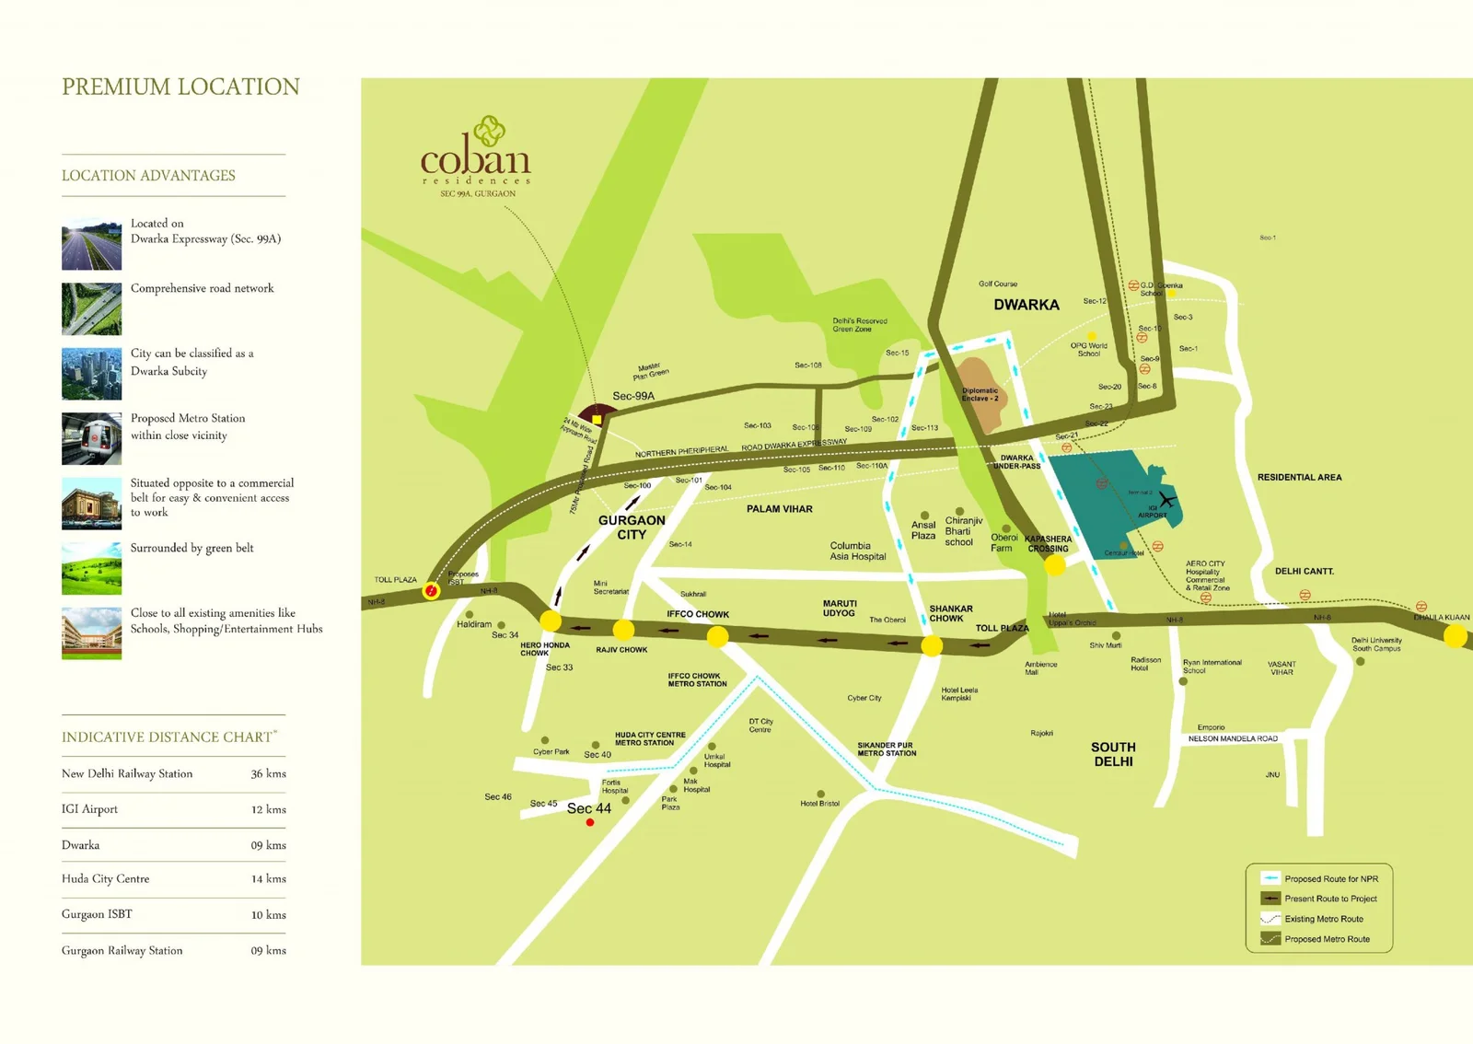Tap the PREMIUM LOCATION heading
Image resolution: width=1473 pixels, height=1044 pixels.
coord(180,87)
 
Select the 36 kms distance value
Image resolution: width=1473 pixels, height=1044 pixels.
coord(268,774)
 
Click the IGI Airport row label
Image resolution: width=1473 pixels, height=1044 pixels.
coord(89,809)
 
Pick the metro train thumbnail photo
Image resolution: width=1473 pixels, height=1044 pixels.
coord(91,438)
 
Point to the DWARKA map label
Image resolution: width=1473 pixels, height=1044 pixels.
coord(1026,305)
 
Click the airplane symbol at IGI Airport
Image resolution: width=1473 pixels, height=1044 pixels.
coord(1167,500)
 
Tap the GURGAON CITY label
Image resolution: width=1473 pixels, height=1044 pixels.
coord(632,527)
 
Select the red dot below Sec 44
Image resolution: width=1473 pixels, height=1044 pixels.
coord(590,822)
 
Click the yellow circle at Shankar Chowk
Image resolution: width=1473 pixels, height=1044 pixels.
coord(932,645)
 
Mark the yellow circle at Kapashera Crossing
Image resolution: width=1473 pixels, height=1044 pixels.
coord(1055,565)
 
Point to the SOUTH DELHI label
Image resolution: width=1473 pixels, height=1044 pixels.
coord(1113,754)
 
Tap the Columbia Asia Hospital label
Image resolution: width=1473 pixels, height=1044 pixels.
coord(857,551)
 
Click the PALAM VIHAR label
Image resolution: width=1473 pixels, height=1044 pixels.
coord(779,509)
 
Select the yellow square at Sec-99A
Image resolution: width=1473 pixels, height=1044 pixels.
coord(597,419)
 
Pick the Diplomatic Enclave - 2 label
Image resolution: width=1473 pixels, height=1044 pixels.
coord(980,394)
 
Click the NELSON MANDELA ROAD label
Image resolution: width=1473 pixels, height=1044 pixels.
coord(1233,738)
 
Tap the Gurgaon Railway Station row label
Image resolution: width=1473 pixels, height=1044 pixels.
coord(122,950)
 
